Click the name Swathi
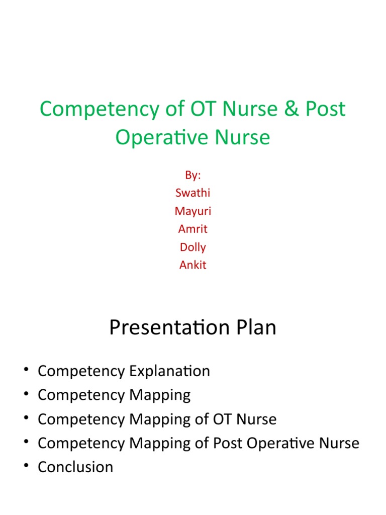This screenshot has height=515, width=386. [193, 193]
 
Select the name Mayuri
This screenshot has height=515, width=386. [193, 211]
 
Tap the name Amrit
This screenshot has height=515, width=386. [193, 229]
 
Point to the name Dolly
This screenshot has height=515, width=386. [193, 247]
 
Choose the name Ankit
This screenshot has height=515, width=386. [193, 265]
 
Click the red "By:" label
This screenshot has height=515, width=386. [193, 175]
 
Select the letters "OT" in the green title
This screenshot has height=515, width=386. [190, 109]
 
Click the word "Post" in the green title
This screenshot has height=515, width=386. [326, 109]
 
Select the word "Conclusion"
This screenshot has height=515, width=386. [75, 467]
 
